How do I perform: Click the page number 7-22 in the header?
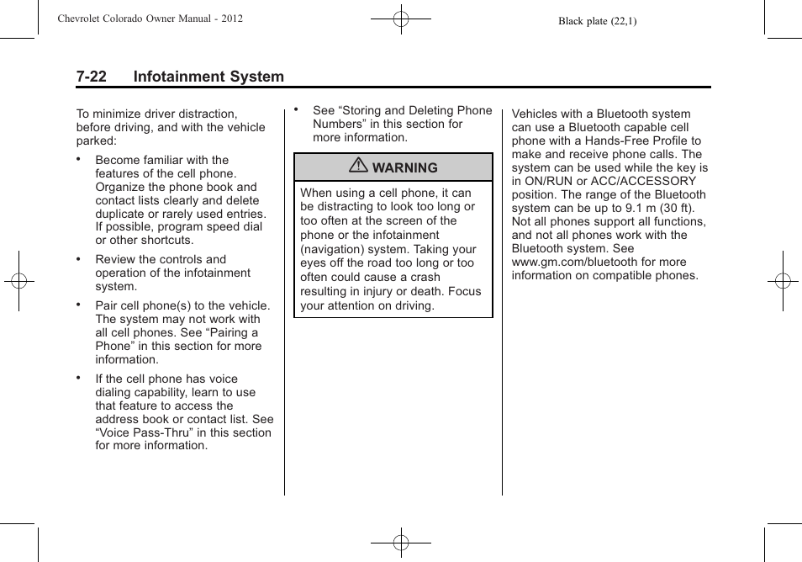click(x=91, y=77)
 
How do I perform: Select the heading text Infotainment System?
click(x=208, y=77)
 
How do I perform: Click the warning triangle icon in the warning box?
click(x=361, y=167)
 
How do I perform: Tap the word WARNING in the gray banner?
click(x=404, y=168)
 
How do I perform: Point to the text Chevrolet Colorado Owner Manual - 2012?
click(x=150, y=19)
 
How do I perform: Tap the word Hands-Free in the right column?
click(x=616, y=140)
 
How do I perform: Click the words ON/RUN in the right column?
click(x=552, y=181)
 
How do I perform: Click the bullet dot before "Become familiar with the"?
click(x=78, y=159)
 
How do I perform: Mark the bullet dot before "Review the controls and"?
click(x=78, y=259)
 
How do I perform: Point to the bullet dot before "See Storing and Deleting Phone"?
click(x=296, y=109)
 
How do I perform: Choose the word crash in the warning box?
click(x=425, y=277)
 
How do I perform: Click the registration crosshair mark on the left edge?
click(x=18, y=281)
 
